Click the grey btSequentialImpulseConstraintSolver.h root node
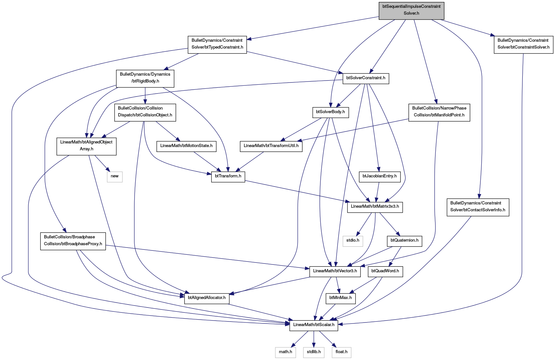(x=411, y=11)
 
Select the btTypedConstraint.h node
(x=217, y=45)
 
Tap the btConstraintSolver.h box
(x=523, y=45)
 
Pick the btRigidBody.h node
(x=145, y=79)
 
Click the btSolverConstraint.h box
(x=366, y=79)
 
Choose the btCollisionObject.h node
(x=145, y=113)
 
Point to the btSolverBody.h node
(x=330, y=113)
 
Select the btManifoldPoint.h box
(x=439, y=113)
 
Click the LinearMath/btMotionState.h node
(x=186, y=147)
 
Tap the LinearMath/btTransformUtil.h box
(x=271, y=147)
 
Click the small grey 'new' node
(x=115, y=177)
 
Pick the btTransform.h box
(x=228, y=177)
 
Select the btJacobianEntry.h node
(x=380, y=177)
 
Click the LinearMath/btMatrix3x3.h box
(x=375, y=207)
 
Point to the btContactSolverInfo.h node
(x=478, y=207)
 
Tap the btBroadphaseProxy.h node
(x=73, y=242)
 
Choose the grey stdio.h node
(x=353, y=242)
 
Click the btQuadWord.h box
(x=385, y=272)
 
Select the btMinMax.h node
(x=341, y=299)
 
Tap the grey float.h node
(x=342, y=353)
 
